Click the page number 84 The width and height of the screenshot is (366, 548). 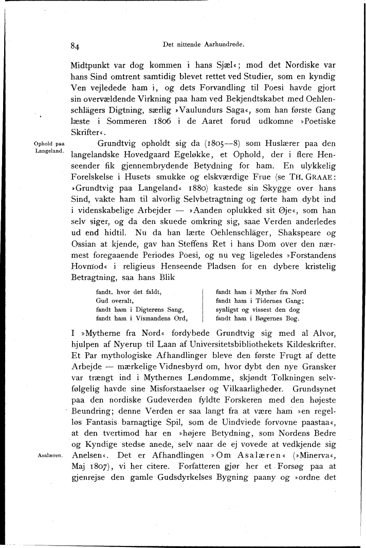click(x=75, y=46)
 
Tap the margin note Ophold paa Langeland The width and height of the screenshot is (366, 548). click(x=49, y=147)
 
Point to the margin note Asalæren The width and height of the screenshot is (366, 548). click(x=50, y=455)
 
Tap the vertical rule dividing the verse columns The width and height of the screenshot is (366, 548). click(x=203, y=305)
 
